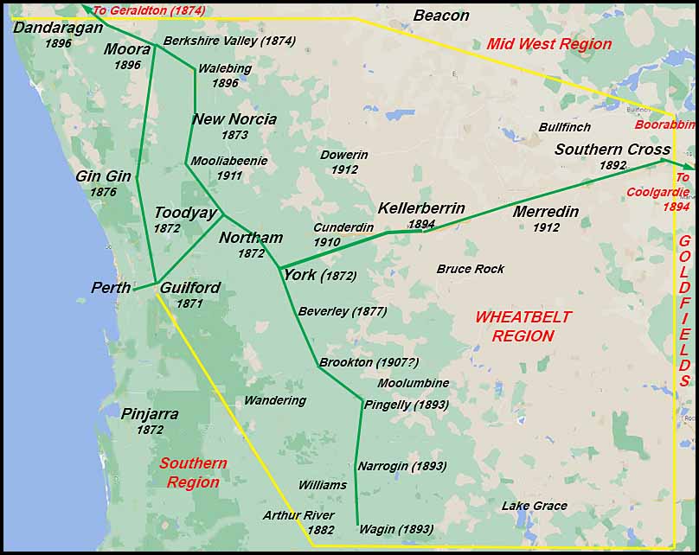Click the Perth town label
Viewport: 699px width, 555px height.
[x=111, y=288]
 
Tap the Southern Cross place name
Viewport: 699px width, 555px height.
[x=612, y=150]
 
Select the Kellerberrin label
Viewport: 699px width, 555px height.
[x=421, y=209]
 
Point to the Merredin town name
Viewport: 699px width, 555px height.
[x=546, y=212]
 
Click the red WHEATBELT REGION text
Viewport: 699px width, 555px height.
[x=523, y=327]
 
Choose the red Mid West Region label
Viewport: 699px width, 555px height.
[x=548, y=44]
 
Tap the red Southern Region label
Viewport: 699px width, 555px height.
[x=193, y=473]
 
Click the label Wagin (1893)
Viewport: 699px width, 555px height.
[x=396, y=529]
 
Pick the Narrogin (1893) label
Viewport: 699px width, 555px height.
[x=402, y=466]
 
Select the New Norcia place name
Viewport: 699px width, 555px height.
[x=234, y=119]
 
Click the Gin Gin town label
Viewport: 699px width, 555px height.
[x=103, y=176]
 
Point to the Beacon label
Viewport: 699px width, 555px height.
[x=441, y=16]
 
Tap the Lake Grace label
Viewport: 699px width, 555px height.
[x=535, y=506]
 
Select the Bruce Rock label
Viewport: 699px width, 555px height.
[x=471, y=269]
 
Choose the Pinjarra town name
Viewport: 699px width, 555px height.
[x=150, y=414]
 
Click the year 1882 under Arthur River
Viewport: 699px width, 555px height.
[x=321, y=530]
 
